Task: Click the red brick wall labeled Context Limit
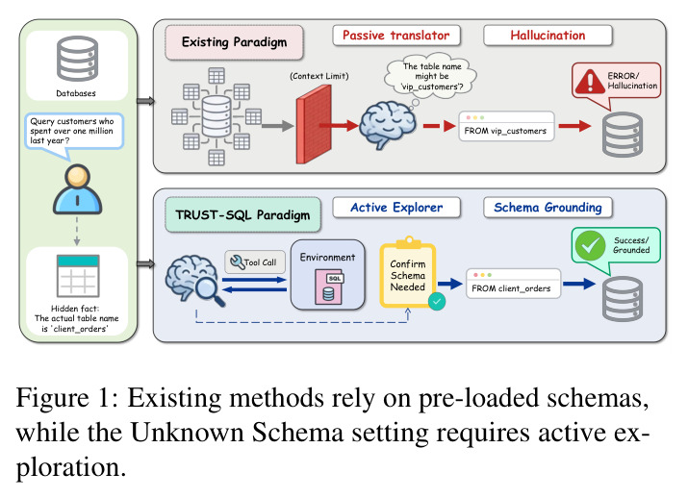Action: click(x=314, y=125)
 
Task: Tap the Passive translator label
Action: click(x=396, y=36)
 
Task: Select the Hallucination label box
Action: click(x=548, y=36)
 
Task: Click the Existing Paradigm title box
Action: click(x=235, y=42)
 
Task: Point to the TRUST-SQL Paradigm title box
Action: click(x=242, y=214)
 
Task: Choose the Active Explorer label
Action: click(x=396, y=208)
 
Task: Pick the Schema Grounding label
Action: click(x=548, y=208)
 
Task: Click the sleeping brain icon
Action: click(x=388, y=125)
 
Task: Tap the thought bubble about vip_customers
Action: click(x=431, y=76)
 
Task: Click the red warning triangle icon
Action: click(x=590, y=82)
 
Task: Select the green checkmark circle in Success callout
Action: click(x=590, y=245)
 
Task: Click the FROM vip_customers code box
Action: click(x=506, y=126)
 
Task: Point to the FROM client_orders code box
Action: click(x=514, y=284)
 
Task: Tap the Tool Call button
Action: click(x=255, y=262)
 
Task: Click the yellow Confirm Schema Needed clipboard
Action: click(x=408, y=274)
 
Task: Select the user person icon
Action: click(x=78, y=189)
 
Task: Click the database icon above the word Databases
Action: click(x=77, y=59)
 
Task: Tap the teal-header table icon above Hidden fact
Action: click(x=78, y=276)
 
